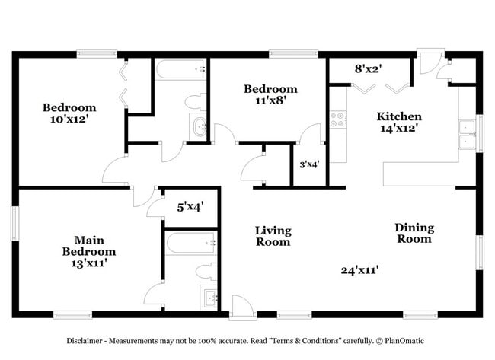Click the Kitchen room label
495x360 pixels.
pos(399,116)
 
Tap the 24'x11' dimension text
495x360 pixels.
pos(359,270)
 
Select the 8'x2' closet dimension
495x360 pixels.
pos(369,68)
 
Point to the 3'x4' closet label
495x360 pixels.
pos(309,164)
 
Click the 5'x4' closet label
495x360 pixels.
pos(190,207)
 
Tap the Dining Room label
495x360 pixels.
pos(414,233)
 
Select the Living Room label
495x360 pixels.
pos(273,236)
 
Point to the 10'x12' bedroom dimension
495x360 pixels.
pos(69,119)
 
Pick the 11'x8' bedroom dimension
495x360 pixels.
pos(270,100)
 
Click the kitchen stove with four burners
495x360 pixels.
pos(338,119)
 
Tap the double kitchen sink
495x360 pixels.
pos(468,135)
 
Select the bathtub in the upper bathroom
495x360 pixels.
pos(180,68)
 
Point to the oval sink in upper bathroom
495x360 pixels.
pos(199,126)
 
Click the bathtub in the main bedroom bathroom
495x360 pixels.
pos(190,243)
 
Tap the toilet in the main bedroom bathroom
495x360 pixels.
pos(206,272)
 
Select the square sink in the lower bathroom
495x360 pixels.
pos(209,297)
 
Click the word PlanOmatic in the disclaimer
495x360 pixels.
pos(404,341)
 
